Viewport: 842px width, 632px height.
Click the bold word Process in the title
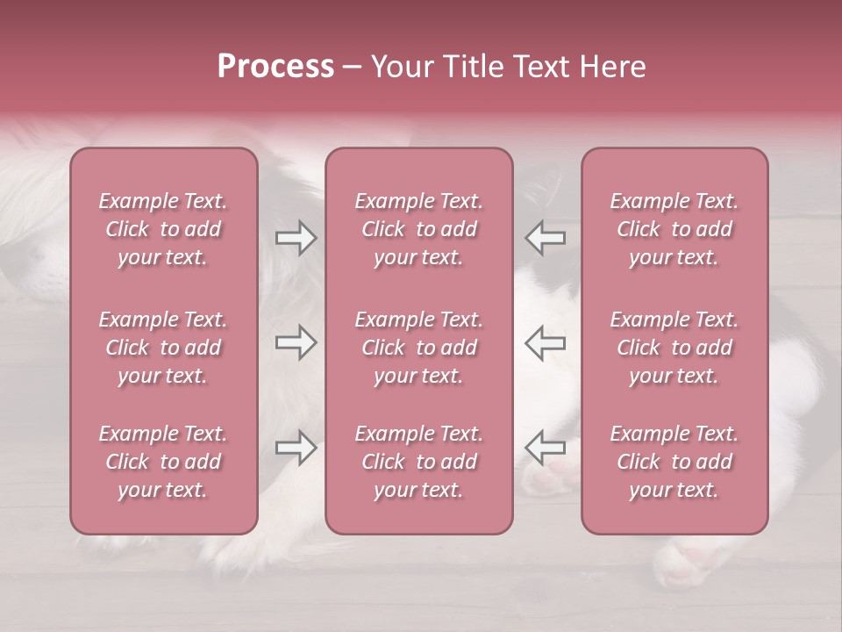(275, 67)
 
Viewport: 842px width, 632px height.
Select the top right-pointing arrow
(296, 238)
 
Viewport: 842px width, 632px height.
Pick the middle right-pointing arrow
(296, 342)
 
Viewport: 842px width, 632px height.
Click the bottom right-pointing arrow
(296, 448)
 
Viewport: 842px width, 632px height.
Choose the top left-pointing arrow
(546, 238)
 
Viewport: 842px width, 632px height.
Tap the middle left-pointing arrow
(546, 342)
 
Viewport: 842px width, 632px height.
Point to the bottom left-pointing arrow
(546, 448)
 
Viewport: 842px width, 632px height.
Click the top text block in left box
(163, 229)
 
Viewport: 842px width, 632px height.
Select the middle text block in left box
(163, 348)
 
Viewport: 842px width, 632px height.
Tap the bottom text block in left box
(163, 462)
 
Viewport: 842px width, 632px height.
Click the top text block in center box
(418, 229)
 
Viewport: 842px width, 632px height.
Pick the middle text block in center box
(418, 348)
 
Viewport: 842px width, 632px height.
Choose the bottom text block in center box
(418, 462)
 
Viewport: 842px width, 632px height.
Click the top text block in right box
(674, 229)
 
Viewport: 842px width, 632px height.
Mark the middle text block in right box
(674, 348)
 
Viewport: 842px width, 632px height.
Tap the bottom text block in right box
(674, 462)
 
